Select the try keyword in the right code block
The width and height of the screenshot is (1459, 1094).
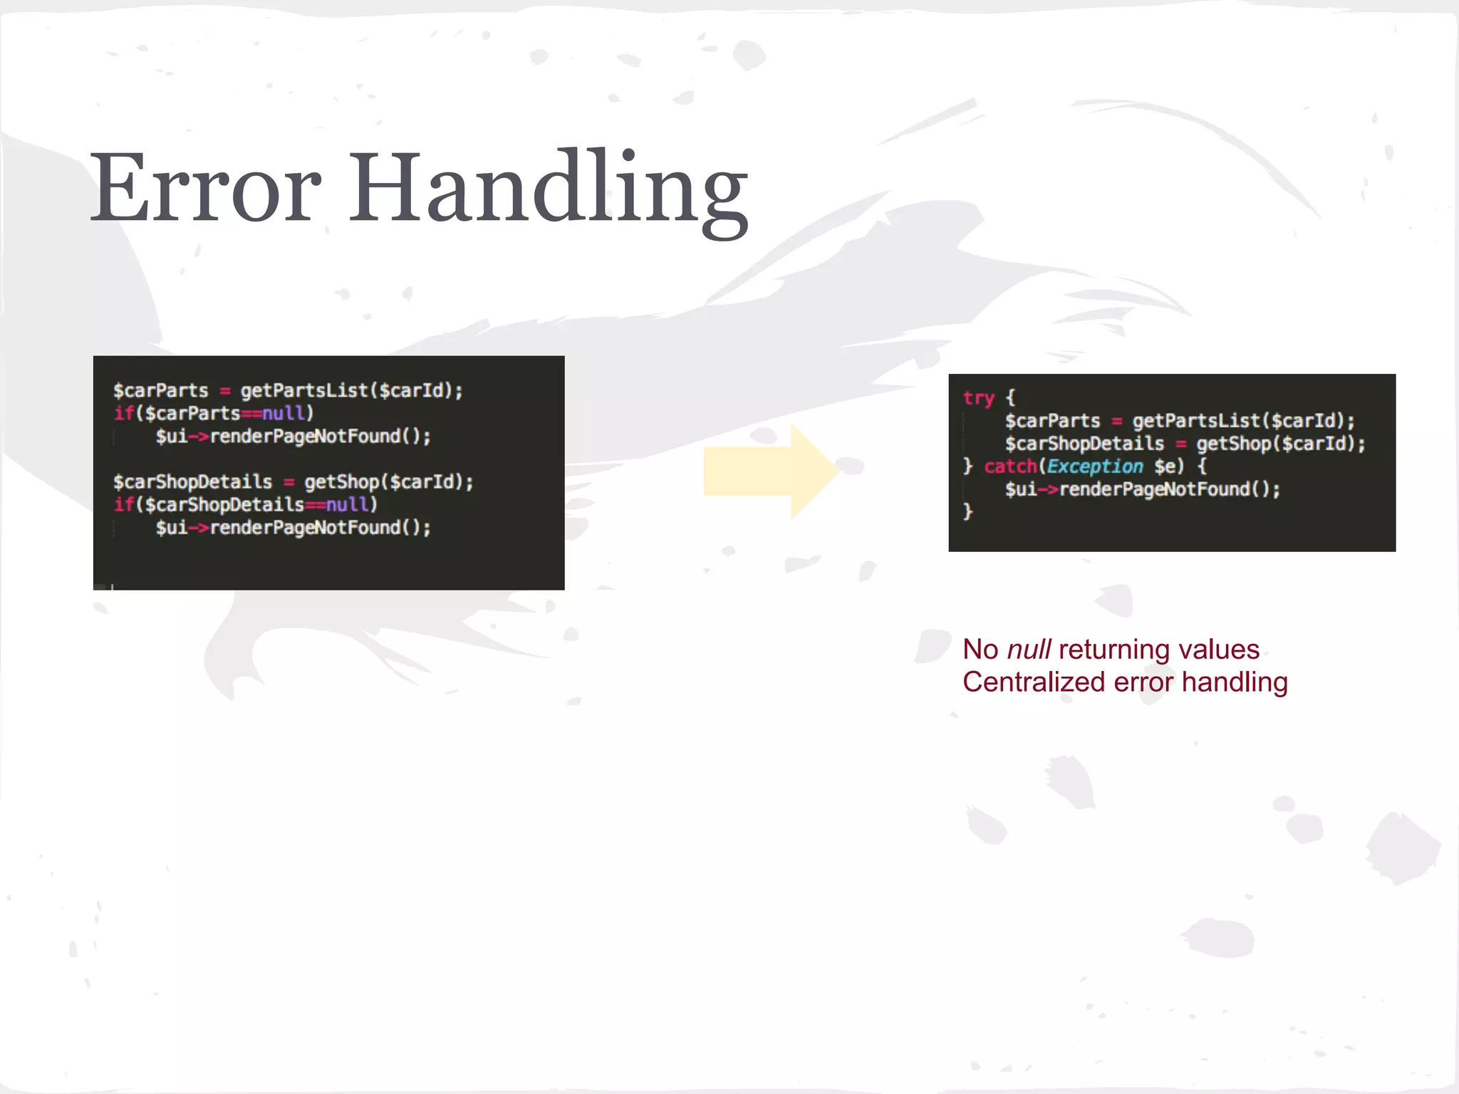click(x=978, y=397)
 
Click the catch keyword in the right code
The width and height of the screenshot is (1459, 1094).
click(x=1010, y=467)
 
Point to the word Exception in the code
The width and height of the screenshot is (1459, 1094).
click(x=1094, y=467)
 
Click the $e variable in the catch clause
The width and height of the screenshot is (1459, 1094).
click(x=1168, y=467)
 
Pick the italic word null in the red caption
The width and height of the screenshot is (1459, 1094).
click(x=1029, y=650)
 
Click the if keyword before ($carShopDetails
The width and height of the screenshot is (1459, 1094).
click(x=123, y=505)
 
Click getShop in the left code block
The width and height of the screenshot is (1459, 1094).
click(x=341, y=482)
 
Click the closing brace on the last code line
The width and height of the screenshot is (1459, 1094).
click(x=967, y=512)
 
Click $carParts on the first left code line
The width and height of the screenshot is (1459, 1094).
click(x=160, y=391)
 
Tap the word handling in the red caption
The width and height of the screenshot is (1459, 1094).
click(x=1235, y=682)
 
